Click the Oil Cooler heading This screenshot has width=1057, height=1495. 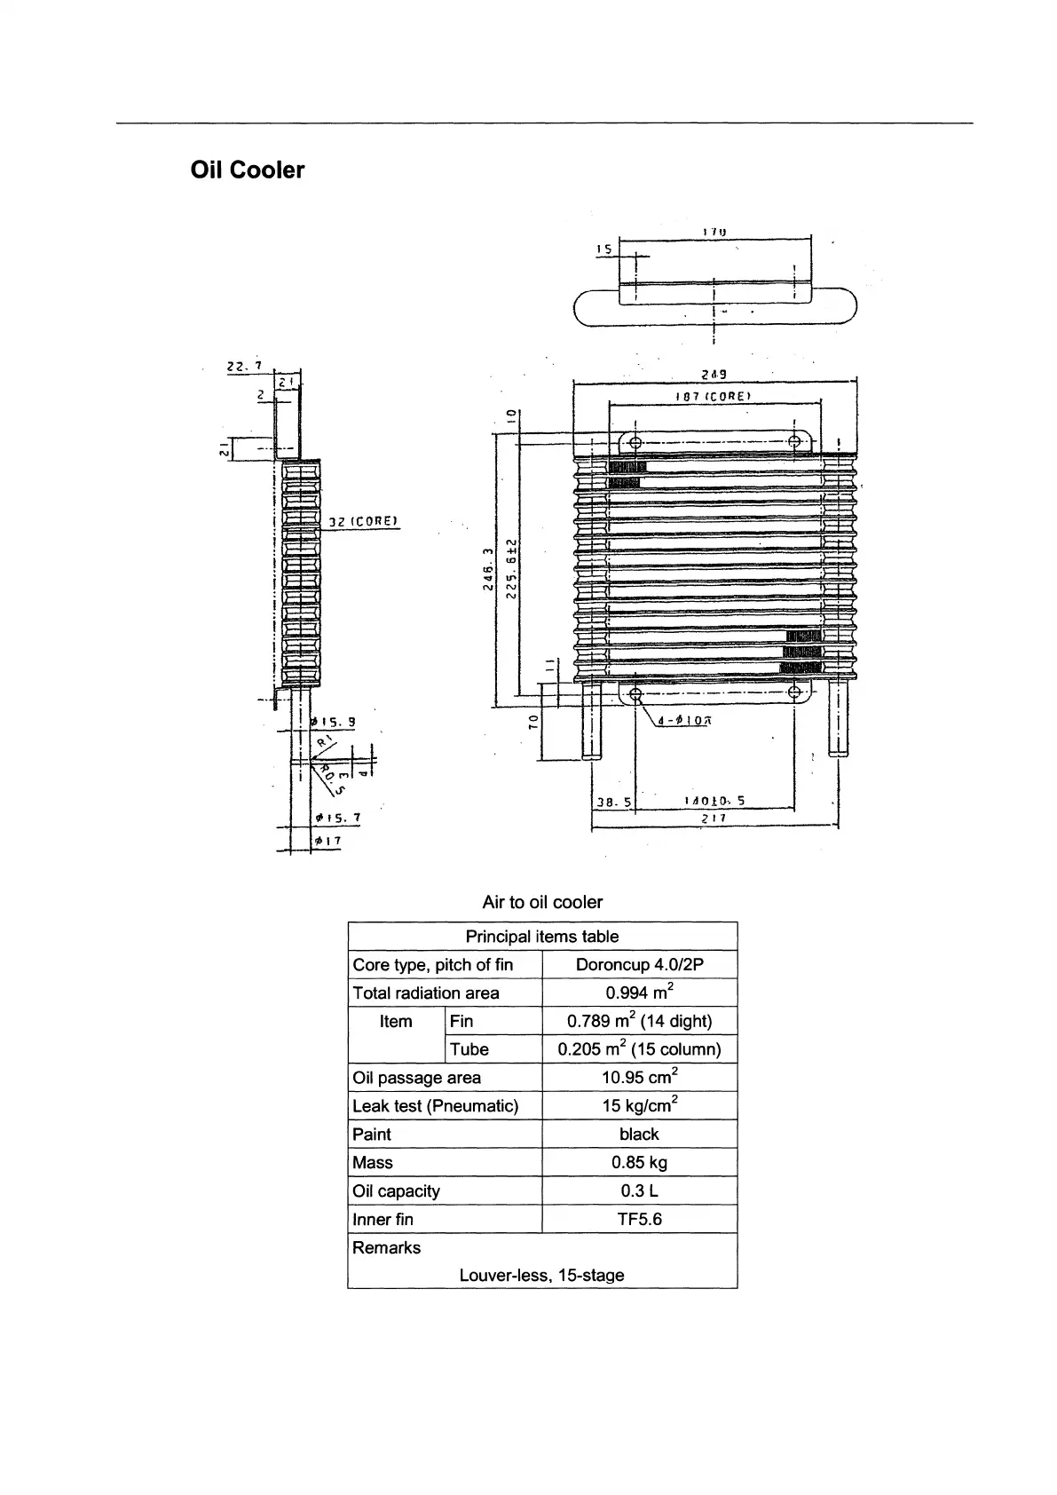247,170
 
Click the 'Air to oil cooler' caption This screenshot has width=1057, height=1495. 541,902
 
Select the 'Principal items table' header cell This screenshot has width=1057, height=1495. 541,937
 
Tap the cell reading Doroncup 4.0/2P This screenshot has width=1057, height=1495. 639,965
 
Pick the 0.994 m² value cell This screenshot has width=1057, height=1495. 639,993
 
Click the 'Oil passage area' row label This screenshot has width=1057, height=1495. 416,1078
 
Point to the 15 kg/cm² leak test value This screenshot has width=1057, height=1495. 639,1105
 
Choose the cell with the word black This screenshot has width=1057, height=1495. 639,1134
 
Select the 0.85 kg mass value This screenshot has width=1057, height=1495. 639,1162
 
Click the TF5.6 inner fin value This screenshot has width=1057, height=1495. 639,1219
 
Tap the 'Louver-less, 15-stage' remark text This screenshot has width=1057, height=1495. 541,1275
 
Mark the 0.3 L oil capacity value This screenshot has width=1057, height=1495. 639,1190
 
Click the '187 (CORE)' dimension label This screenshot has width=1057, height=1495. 713,396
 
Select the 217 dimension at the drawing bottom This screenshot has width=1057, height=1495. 714,819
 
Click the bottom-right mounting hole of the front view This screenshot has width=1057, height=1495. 794,692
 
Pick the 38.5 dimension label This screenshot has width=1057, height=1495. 612,801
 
